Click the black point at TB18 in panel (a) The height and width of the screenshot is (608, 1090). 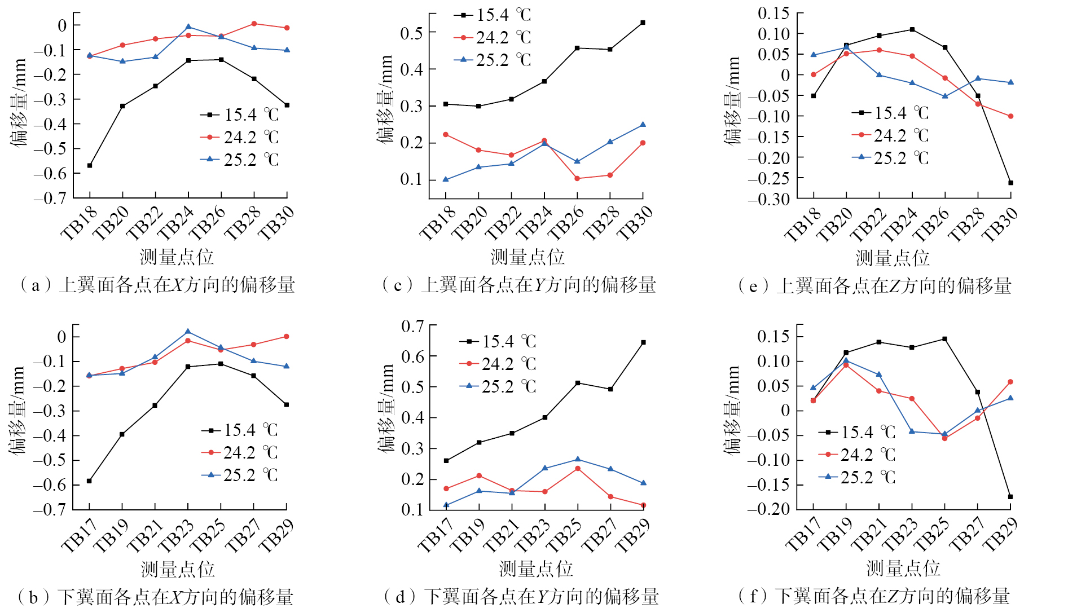[x=90, y=165]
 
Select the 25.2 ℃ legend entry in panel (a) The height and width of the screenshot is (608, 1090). [x=240, y=160]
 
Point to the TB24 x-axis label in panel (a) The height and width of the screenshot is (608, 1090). [x=175, y=223]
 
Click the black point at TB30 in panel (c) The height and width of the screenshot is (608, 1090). [x=643, y=23]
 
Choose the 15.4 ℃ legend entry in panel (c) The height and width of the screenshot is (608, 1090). [x=493, y=15]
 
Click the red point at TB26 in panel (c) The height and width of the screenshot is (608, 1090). [x=577, y=178]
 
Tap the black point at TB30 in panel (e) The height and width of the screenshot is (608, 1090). [x=1010, y=183]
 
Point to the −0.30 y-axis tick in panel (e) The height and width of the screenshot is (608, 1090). [x=768, y=199]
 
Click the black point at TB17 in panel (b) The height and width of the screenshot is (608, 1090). [x=89, y=481]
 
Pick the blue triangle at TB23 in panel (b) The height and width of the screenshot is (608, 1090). [x=188, y=332]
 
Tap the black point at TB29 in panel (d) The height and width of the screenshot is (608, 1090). [x=643, y=342]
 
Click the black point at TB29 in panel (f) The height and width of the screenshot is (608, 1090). [x=1010, y=497]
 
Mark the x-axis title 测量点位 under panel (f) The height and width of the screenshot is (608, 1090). [x=903, y=568]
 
